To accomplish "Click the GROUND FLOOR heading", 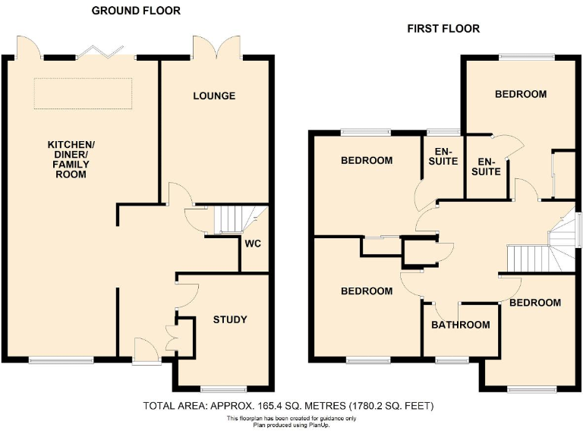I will point(136,11).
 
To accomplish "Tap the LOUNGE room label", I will point(214,96).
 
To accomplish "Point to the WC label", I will point(253,244).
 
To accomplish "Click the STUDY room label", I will point(229,319).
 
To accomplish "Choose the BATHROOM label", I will point(461,325).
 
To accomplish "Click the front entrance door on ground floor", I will point(145,351).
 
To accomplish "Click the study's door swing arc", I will point(188,293).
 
